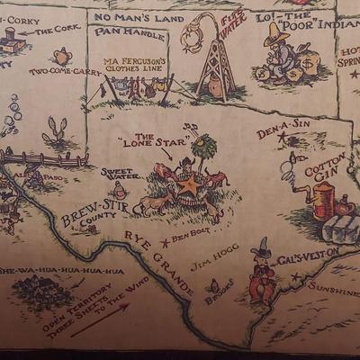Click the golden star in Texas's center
189,186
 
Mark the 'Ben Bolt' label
191,236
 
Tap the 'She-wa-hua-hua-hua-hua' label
60,270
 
